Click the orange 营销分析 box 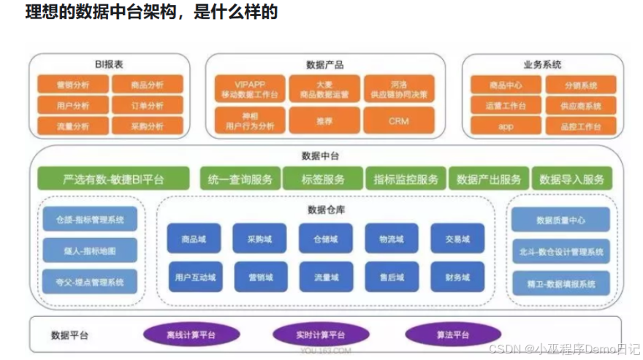tap(73, 85)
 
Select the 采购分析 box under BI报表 tap(148, 126)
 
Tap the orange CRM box tap(398, 120)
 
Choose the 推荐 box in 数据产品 tap(324, 120)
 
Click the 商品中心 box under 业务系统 tap(506, 85)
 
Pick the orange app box tap(506, 126)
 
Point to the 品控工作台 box tap(583, 126)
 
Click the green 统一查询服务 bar tap(240, 179)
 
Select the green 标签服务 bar tap(322, 179)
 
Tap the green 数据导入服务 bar tap(572, 179)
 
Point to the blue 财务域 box tap(457, 277)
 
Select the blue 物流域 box tap(392, 238)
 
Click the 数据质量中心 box tap(560, 220)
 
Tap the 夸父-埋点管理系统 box tap(90, 282)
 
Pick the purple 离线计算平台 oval tap(192, 335)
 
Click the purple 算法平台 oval tap(453, 335)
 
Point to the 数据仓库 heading tap(326, 210)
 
